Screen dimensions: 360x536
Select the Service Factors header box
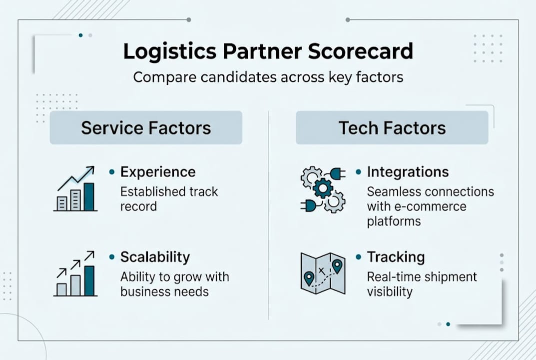tap(146, 127)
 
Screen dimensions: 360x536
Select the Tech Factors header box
tap(392, 127)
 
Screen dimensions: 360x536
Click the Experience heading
tap(158, 172)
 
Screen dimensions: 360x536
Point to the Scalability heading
tap(155, 257)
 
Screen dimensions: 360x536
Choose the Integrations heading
tap(408, 172)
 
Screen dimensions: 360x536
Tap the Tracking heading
tap(396, 257)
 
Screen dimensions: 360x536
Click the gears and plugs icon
tap(323, 189)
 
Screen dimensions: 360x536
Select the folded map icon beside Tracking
tap(323, 273)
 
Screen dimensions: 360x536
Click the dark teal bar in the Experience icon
tap(89, 197)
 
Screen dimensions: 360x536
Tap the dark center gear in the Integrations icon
tap(323, 188)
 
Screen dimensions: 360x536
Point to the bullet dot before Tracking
tap(358, 257)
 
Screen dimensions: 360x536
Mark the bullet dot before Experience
tap(112, 172)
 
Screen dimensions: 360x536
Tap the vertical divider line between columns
tap(268, 215)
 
